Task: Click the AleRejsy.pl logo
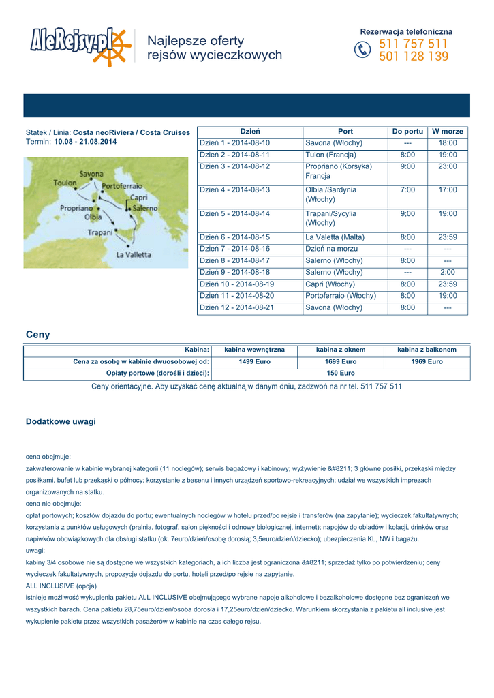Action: [x=79, y=46]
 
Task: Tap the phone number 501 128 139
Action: [x=414, y=57]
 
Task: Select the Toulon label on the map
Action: [x=65, y=183]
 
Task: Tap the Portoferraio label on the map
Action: [x=122, y=185]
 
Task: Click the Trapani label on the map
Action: [x=99, y=232]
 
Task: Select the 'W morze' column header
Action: [x=448, y=131]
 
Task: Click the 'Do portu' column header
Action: [x=407, y=131]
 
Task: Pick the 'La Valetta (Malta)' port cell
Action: [x=335, y=237]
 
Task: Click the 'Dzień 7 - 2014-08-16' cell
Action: [x=235, y=249]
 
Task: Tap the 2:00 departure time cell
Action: [x=448, y=272]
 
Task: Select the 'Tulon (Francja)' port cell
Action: [x=331, y=155]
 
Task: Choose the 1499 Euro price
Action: [x=255, y=361]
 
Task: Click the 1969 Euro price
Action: [x=427, y=361]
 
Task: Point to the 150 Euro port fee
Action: [x=341, y=374]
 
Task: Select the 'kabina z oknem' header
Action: [x=341, y=350]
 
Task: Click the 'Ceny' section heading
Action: [x=37, y=335]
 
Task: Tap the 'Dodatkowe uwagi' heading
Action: [x=61, y=422]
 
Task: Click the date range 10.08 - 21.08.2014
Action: [x=85, y=142]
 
